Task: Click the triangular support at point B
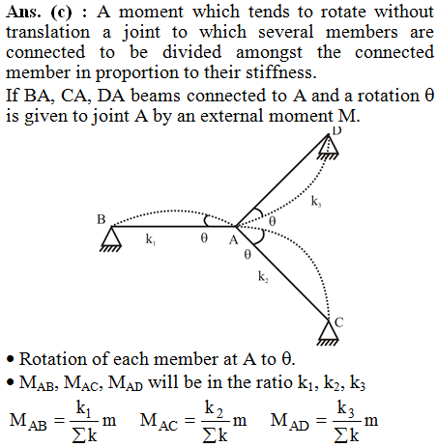click(x=111, y=238)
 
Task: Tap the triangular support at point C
click(x=329, y=333)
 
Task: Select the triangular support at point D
click(x=329, y=147)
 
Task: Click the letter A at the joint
click(x=233, y=240)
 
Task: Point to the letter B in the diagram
click(x=102, y=219)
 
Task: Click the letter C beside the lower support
click(x=339, y=322)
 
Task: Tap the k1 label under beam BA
click(x=151, y=239)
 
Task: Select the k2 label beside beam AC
click(x=263, y=276)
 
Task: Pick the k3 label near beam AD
click(x=316, y=201)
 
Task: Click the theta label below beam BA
click(x=204, y=238)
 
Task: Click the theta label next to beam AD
click(x=273, y=221)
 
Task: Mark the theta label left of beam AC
click(x=248, y=255)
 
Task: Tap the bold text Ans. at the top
click(x=23, y=13)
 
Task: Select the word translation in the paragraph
click(x=47, y=32)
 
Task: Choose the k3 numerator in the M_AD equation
click(x=346, y=409)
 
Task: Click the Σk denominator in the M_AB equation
click(x=84, y=435)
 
